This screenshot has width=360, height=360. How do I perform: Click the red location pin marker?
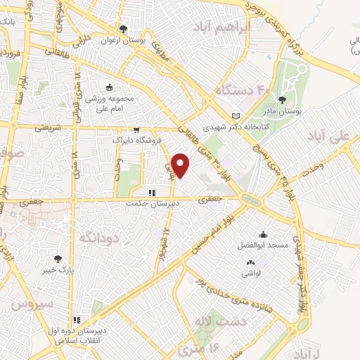pyautogui.click(x=181, y=166)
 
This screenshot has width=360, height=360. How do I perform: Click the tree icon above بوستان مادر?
pyautogui.click(x=283, y=100)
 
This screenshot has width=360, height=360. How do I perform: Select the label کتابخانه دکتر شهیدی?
pyautogui.click(x=227, y=127)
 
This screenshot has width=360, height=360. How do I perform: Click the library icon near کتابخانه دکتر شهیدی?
pyautogui.click(x=236, y=116)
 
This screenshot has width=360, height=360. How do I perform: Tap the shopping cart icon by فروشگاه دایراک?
pyautogui.click(x=136, y=129)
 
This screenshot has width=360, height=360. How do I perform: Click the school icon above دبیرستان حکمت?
pyautogui.click(x=150, y=193)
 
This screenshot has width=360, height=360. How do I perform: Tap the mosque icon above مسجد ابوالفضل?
pyautogui.click(x=263, y=236)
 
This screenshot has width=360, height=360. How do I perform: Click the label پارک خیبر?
pyautogui.click(x=65, y=269)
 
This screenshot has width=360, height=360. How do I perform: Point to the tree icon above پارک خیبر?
pyautogui.click(x=67, y=258)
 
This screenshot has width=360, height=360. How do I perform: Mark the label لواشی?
pyautogui.click(x=251, y=260)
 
